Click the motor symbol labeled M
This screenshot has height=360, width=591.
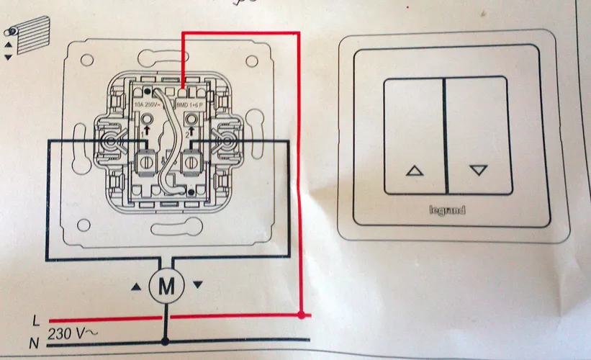click(166, 286)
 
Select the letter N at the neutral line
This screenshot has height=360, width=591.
click(34, 343)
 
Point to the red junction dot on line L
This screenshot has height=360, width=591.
click(301, 315)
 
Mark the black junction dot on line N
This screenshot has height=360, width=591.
click(166, 341)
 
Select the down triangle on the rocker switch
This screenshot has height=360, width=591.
click(478, 171)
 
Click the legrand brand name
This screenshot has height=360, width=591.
click(446, 211)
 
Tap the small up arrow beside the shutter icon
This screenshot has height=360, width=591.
click(9, 44)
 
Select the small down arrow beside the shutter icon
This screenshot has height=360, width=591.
click(9, 56)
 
